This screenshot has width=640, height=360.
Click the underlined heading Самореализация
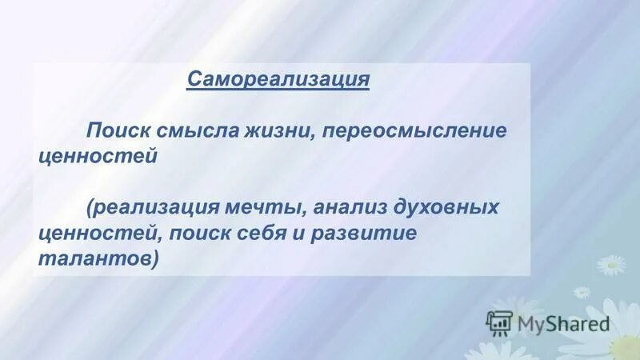click(x=278, y=80)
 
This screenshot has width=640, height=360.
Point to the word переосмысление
click(x=414, y=131)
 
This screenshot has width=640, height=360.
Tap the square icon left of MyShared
click(x=498, y=322)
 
